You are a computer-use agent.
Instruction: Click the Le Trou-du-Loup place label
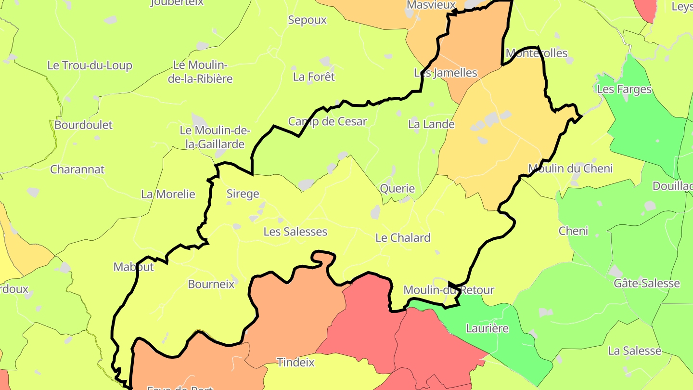[x=90, y=65]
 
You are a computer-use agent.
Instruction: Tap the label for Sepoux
[x=307, y=20]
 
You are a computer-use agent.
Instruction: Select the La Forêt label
[x=314, y=77]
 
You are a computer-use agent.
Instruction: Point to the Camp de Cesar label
[x=327, y=121]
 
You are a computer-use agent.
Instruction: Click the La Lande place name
[x=431, y=124]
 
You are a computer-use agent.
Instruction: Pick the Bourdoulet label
[x=83, y=125]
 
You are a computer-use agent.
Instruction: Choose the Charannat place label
[x=77, y=169]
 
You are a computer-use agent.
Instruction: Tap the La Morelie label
[x=168, y=194]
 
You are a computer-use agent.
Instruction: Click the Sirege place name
[x=243, y=194]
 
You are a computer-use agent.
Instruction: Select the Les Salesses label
[x=295, y=232]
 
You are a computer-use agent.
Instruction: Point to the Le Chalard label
[x=403, y=238]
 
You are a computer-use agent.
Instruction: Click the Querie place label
[x=398, y=188]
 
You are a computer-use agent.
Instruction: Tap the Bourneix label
[x=211, y=284]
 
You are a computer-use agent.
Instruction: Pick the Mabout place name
[x=133, y=267]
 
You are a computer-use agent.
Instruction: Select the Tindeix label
[x=295, y=362]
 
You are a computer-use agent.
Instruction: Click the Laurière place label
[x=488, y=328]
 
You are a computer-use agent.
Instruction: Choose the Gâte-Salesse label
[x=647, y=283]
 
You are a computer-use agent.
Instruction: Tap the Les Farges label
[x=624, y=90]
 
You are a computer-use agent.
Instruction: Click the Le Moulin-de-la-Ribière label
[x=200, y=72]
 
